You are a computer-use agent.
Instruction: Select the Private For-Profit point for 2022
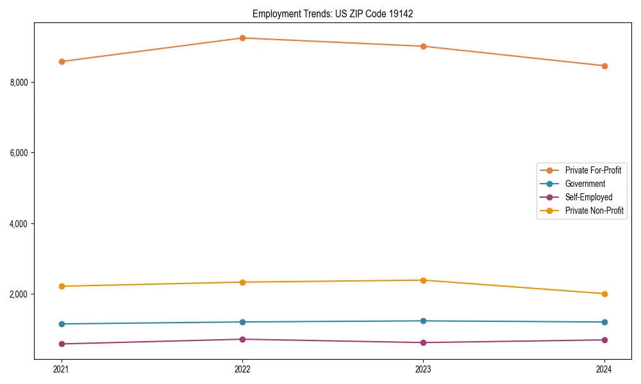pos(242,38)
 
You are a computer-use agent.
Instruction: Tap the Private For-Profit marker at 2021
pos(62,61)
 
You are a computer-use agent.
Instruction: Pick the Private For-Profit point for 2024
pos(604,66)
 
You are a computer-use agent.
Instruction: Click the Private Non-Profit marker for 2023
pos(423,280)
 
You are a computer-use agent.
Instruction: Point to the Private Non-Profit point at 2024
pos(604,294)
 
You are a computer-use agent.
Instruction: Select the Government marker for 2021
pos(62,324)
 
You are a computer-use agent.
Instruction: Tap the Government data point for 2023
pos(423,321)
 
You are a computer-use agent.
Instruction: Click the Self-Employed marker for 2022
pos(242,339)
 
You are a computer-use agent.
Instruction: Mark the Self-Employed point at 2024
pos(604,340)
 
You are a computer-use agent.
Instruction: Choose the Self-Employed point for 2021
pos(62,344)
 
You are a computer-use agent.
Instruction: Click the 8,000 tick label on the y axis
pos(19,83)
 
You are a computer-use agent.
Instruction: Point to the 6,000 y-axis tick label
pos(19,153)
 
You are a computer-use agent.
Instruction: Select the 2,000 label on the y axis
pos(19,294)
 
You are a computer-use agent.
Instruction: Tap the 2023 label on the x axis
pos(423,369)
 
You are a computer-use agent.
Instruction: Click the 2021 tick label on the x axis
pos(62,369)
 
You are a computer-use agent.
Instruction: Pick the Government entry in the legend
pos(585,184)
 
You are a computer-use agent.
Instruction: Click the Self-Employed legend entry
pos(588,197)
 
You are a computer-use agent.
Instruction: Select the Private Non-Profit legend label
pos(594,211)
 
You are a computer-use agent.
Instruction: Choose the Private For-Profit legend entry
pos(593,170)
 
